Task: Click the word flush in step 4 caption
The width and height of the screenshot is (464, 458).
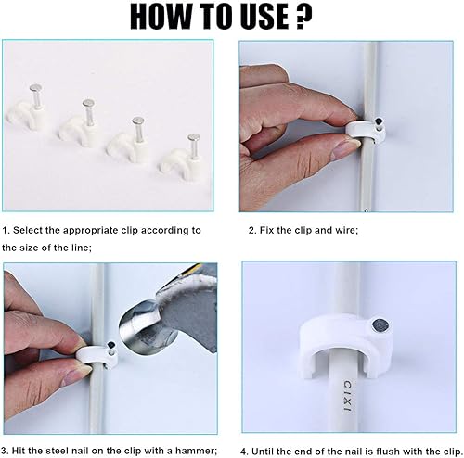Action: click(390, 452)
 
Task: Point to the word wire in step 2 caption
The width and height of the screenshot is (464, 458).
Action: click(346, 230)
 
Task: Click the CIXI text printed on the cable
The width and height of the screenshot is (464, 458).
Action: click(347, 396)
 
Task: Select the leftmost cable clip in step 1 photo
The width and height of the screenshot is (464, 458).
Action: click(27, 108)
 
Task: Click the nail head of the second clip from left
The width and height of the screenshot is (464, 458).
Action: click(88, 102)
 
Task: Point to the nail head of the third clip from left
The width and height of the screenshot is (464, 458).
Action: click(138, 121)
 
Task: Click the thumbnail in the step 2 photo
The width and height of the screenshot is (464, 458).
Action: click(345, 149)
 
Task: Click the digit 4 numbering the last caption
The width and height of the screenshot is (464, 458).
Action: click(243, 452)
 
